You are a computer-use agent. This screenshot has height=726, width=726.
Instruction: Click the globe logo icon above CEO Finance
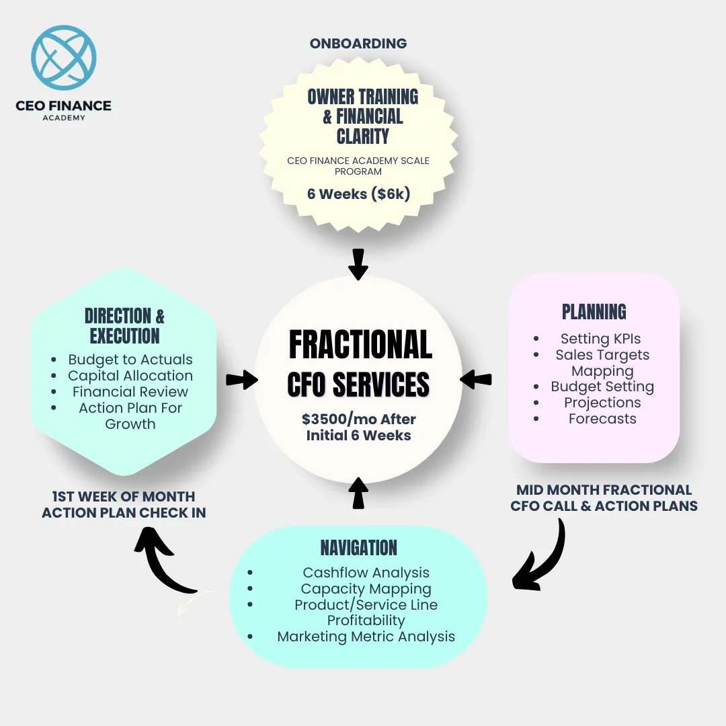(63, 57)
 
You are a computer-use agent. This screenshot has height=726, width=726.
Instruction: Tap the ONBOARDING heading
(358, 44)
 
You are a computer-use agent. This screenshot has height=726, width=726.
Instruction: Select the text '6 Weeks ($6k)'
(358, 194)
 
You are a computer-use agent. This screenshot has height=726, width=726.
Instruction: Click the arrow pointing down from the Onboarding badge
(358, 264)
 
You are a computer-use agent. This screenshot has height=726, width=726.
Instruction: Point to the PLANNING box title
(594, 312)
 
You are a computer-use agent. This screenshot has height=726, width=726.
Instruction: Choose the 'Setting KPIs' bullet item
(600, 339)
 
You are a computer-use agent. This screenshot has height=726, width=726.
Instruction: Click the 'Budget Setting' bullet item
(602, 387)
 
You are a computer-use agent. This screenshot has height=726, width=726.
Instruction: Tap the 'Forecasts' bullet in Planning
(602, 419)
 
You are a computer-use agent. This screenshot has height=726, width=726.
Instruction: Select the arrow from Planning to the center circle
(476, 380)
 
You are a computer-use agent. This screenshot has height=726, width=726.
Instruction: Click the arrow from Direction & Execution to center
(242, 380)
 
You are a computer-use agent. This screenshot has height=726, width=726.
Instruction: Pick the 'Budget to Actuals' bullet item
(130, 360)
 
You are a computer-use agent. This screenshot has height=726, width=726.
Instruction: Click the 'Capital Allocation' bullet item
(130, 376)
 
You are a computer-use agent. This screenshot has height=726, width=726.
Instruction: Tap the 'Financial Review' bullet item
(130, 392)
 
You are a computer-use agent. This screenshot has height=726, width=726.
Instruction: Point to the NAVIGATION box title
(359, 548)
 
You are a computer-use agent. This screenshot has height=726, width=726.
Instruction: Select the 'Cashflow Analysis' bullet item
(366, 573)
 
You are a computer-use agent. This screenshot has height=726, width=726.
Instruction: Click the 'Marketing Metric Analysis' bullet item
(366, 637)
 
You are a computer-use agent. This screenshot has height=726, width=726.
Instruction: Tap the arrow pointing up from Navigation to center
(358, 493)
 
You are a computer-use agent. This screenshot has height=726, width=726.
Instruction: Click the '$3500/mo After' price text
(359, 419)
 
